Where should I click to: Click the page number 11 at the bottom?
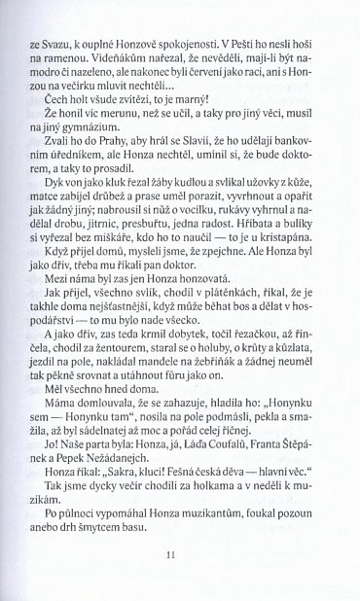pyautogui.click(x=179, y=555)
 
